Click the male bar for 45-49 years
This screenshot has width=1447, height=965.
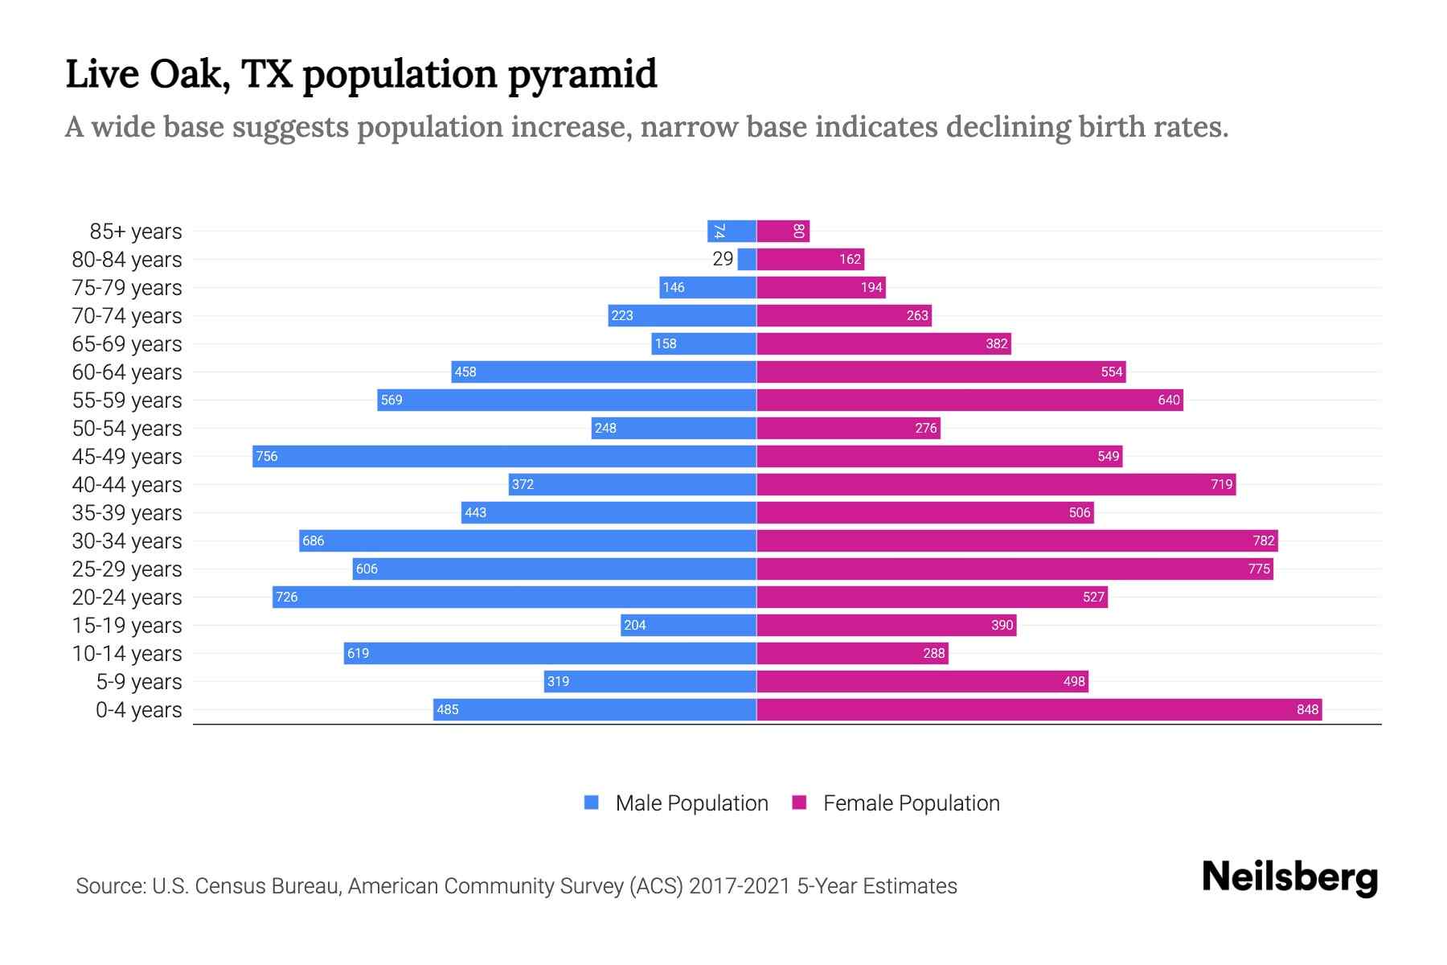[x=504, y=456]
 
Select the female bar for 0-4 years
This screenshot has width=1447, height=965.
[x=1039, y=709]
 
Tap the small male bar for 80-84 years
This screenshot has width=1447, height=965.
[x=747, y=259]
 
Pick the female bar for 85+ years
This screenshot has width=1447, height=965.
[x=782, y=231]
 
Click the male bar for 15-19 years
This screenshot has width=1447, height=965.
[x=688, y=625]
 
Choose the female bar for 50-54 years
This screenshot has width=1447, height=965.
[x=848, y=428]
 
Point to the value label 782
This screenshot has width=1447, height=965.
[x=1263, y=540]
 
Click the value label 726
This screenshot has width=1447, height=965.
[x=287, y=597]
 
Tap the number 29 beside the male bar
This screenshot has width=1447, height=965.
[x=723, y=259]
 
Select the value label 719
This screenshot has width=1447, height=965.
[x=1221, y=484]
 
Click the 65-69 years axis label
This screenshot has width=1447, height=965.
[x=127, y=344]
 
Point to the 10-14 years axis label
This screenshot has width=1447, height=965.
[x=127, y=654]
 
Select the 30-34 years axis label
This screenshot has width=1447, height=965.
[x=127, y=541]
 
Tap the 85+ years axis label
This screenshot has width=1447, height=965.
[x=136, y=232]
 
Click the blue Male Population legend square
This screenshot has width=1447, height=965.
[x=592, y=803]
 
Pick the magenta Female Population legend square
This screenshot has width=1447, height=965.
[x=799, y=803]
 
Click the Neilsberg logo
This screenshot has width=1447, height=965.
[x=1289, y=877]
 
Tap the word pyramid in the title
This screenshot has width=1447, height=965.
[x=583, y=76]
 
